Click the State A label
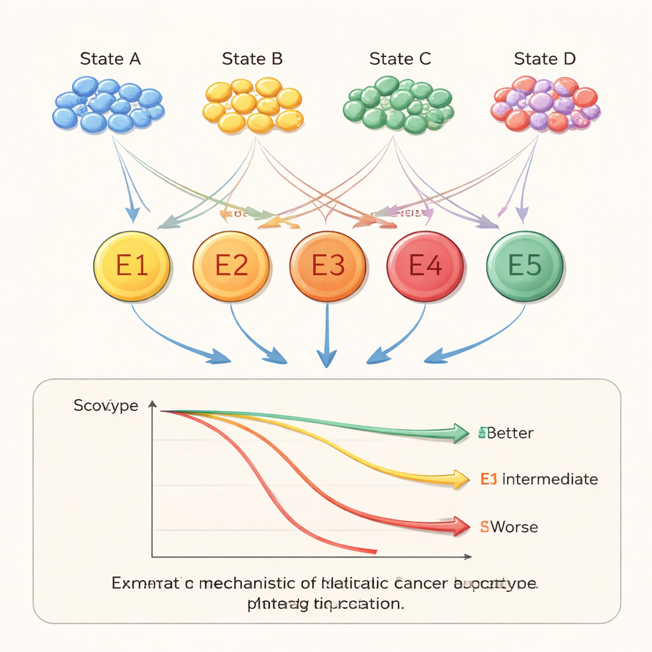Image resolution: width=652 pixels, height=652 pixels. coord(110,59)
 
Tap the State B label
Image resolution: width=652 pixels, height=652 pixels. coord(252,59)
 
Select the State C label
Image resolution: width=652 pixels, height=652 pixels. coord(400,59)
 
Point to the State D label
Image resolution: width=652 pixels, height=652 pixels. coord(544,59)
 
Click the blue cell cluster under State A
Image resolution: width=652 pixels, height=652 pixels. coord(108,104)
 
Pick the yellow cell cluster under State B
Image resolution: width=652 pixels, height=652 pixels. coord(253,104)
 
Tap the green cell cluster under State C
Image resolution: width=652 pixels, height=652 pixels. coord(399,104)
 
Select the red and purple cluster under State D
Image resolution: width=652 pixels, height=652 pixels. coord(546,104)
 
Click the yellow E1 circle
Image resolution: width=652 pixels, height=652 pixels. coord(132,265)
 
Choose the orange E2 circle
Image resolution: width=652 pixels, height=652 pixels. coord(230,265)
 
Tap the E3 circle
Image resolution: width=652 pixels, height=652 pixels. coord(327,265)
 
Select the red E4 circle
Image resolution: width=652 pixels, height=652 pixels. coord(425,265)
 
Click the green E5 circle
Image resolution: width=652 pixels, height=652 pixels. coord(524,265)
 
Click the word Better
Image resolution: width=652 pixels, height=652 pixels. coord(510,434)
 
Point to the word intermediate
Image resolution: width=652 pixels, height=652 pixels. coord(550,479)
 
